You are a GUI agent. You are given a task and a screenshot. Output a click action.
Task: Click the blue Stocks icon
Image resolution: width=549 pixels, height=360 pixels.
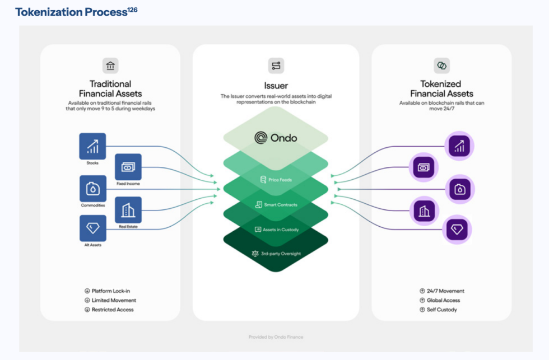(92, 147)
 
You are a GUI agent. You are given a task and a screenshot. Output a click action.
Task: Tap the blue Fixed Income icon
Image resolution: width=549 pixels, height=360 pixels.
(128, 167)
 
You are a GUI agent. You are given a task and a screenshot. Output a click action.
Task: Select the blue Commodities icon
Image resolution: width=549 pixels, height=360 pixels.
(92, 189)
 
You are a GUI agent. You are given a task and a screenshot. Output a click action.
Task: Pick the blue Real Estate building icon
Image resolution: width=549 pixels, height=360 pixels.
(128, 210)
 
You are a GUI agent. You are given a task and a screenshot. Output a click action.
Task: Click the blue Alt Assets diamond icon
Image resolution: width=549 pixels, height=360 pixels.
(92, 228)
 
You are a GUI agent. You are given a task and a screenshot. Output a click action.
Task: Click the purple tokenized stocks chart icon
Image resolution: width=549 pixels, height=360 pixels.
(459, 147)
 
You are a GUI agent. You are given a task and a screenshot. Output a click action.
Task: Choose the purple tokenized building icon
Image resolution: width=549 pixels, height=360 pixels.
(424, 211)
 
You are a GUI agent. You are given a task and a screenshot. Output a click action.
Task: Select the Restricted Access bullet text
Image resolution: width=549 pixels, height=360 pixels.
(112, 310)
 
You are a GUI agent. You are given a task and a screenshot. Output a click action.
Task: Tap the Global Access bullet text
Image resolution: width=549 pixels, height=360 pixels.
(443, 300)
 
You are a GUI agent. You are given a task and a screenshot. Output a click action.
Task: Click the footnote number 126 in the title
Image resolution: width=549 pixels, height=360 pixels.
(132, 10)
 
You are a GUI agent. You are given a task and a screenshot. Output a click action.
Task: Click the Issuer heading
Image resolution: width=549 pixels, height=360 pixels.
(276, 86)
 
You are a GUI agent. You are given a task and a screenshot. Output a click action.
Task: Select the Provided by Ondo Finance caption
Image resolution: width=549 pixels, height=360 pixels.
(276, 337)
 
